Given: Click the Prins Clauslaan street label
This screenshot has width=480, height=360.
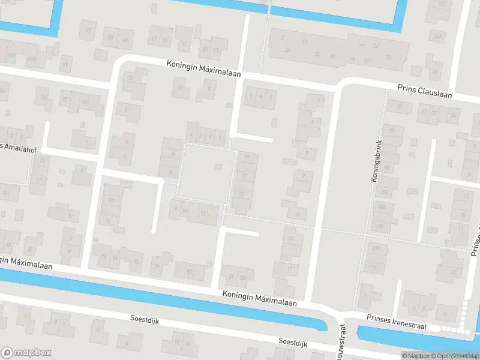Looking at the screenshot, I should (424, 90).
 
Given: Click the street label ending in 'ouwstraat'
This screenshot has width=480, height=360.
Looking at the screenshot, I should (342, 342).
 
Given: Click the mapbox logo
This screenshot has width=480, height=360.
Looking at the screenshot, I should (26, 353).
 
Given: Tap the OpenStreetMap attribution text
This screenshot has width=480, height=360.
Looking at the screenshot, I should (453, 356).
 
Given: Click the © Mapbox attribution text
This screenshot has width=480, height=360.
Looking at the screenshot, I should (414, 356).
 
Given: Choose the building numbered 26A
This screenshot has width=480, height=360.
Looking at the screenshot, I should (437, 37).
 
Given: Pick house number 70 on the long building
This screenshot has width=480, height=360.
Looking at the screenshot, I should (388, 58).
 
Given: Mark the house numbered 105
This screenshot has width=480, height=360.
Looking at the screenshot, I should (10, 55).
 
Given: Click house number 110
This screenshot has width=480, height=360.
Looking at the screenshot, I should (376, 248).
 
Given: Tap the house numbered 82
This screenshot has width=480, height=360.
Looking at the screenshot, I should (190, 272).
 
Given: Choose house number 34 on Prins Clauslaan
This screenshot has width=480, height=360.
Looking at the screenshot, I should (453, 115).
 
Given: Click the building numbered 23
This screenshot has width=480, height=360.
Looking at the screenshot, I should (454, 272).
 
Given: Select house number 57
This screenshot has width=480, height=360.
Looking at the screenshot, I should (184, 43).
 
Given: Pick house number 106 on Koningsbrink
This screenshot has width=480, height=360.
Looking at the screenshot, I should (380, 226).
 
